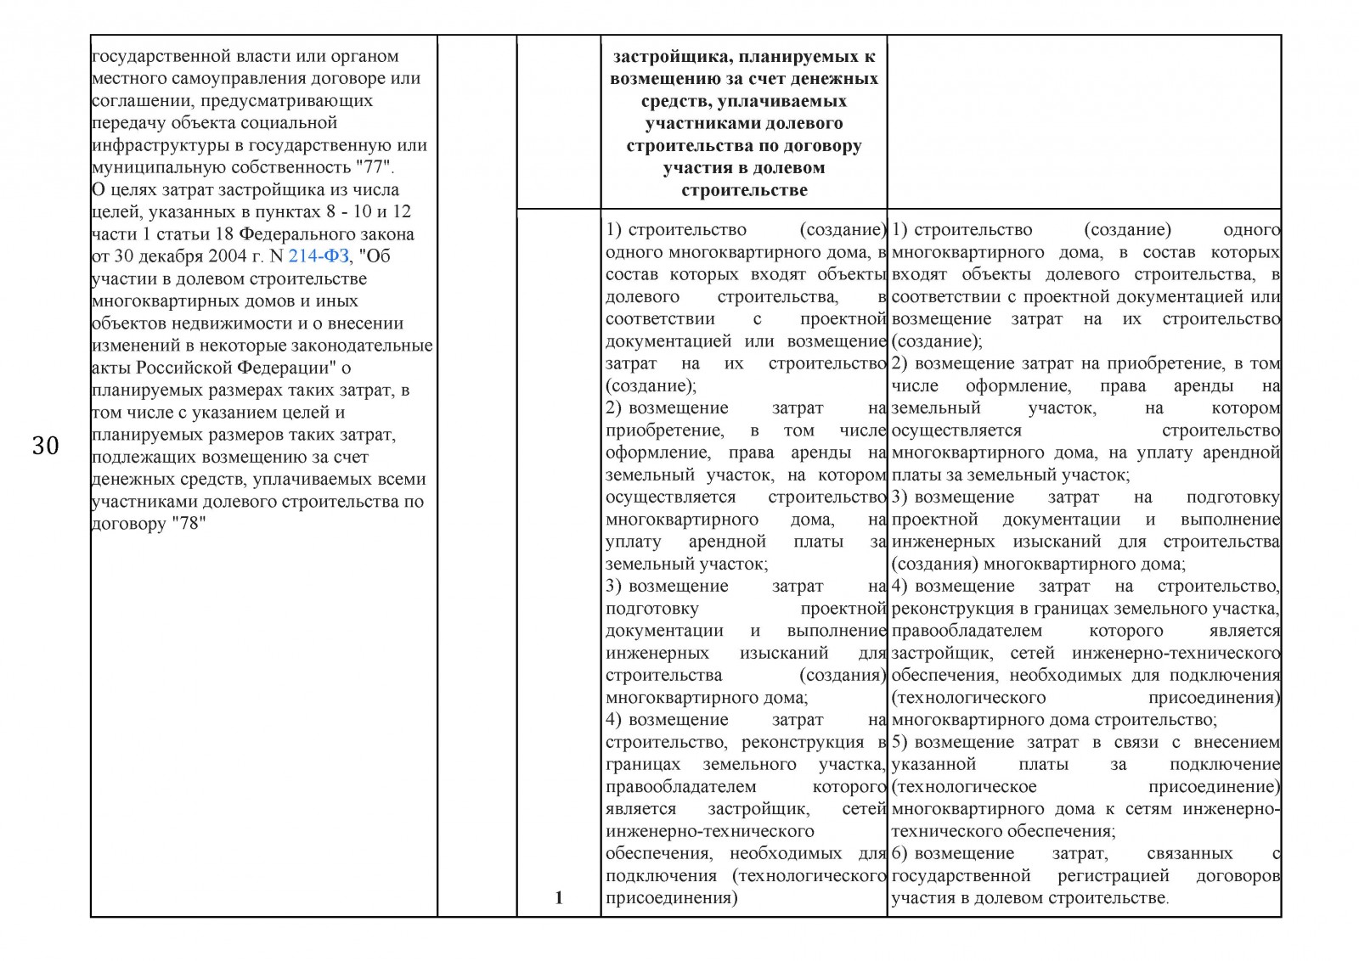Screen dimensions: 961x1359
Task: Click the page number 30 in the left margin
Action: click(45, 445)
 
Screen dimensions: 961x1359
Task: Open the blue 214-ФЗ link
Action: click(319, 256)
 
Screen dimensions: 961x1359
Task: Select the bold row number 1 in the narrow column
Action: click(558, 897)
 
